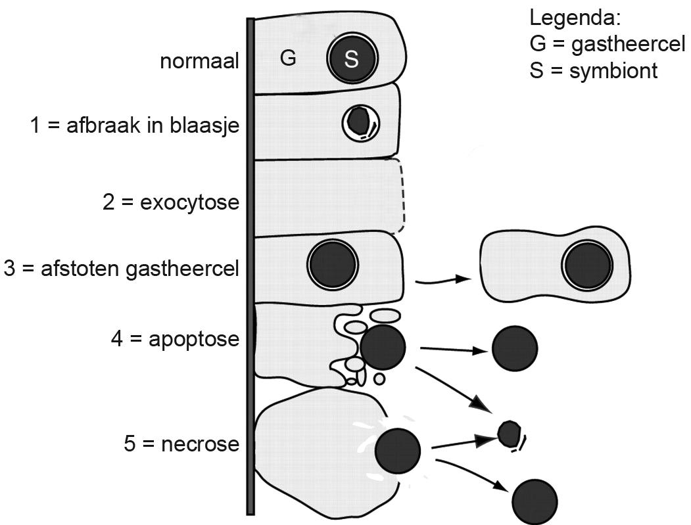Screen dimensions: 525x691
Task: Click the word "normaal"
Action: pyautogui.click(x=199, y=62)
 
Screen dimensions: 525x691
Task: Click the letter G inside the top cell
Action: pyautogui.click(x=288, y=58)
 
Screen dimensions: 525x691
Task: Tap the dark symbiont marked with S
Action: pyautogui.click(x=352, y=59)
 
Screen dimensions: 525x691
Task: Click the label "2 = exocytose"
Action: pyautogui.click(x=171, y=202)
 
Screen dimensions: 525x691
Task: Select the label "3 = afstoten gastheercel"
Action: pyautogui.click(x=121, y=269)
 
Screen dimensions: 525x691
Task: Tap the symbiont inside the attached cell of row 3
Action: pyautogui.click(x=333, y=265)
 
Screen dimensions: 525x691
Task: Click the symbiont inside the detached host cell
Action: pyautogui.click(x=587, y=265)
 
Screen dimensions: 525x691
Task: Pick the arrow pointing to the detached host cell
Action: pyautogui.click(x=444, y=282)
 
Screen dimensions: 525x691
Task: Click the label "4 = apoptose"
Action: pyautogui.click(x=175, y=340)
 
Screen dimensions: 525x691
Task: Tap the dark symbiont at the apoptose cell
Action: pyautogui.click(x=383, y=347)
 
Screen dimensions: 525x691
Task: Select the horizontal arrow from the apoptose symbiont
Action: pyautogui.click(x=453, y=350)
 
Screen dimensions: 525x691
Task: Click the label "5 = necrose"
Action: pyautogui.click(x=181, y=444)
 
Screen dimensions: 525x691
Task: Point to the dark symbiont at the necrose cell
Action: pyautogui.click(x=398, y=450)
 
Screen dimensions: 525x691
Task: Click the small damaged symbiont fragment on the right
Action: pyautogui.click(x=509, y=433)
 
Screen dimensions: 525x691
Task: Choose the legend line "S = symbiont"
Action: pyautogui.click(x=593, y=70)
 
